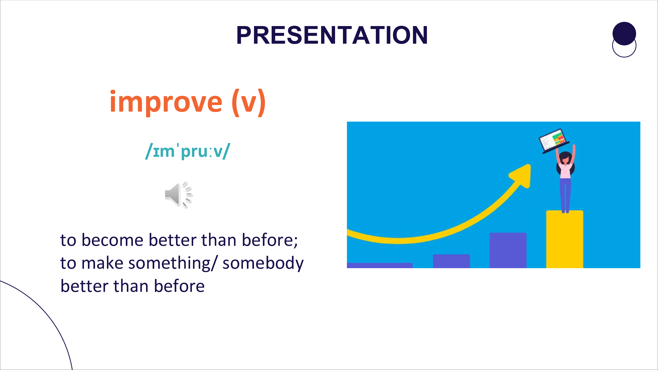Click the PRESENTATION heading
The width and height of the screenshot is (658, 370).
[332, 35]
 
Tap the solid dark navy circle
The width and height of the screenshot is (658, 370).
[624, 33]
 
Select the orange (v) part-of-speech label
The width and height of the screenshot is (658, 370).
[249, 103]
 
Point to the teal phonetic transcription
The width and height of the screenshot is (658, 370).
[188, 151]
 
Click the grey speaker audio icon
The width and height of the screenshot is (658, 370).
[178, 194]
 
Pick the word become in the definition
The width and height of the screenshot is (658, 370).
[112, 240]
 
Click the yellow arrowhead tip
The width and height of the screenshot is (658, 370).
[530, 165]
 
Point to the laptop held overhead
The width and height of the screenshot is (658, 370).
[554, 141]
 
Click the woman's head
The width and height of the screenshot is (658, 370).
[565, 158]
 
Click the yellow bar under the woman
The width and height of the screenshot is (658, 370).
[565, 239]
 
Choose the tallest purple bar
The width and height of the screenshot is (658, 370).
[508, 250]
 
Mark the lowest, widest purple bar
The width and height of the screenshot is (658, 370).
[380, 265]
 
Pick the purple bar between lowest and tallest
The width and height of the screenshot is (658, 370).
[451, 261]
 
